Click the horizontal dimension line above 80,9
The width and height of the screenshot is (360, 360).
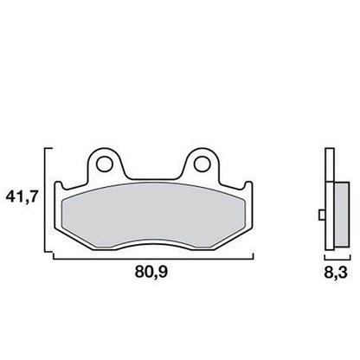(x=151, y=259)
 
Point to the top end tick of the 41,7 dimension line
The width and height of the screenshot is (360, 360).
(x=46, y=149)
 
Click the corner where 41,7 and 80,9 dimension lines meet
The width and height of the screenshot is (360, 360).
(x=44, y=259)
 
